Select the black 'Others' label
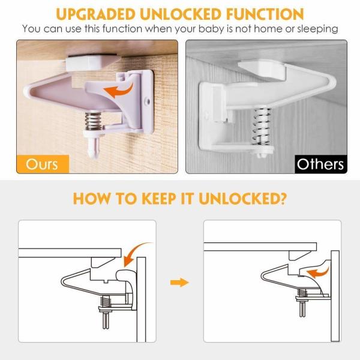[321, 164]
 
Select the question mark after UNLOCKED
[282, 198]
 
